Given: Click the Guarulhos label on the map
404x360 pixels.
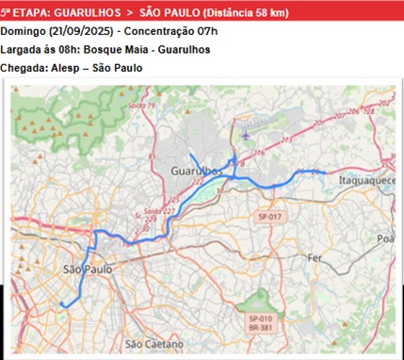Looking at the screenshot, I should coord(197,170).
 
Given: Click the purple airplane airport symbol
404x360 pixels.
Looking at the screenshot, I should coord(247,136).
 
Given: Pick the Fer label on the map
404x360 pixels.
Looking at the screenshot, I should coord(315,256).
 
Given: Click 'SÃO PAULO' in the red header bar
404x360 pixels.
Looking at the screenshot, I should coord(170,12).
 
